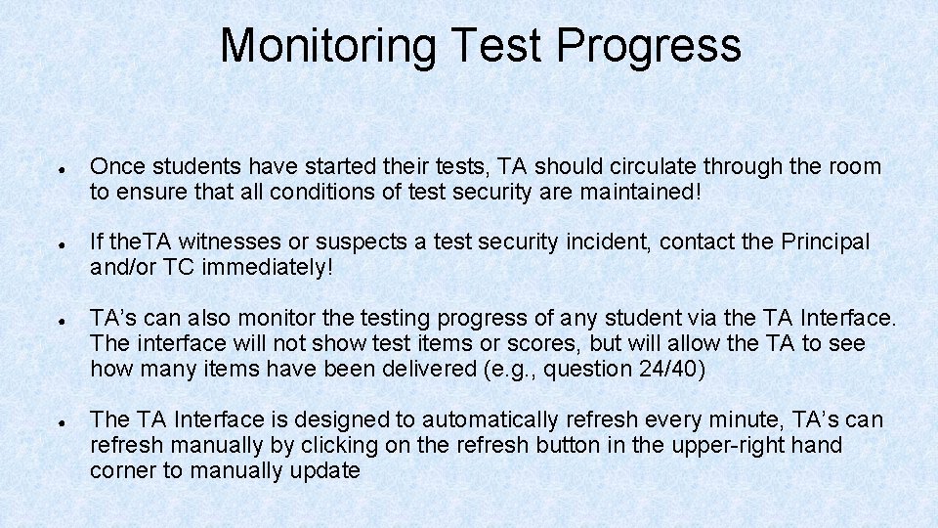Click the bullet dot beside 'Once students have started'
click(61, 167)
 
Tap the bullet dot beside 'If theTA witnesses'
click(61, 242)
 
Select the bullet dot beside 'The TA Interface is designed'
click(61, 420)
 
